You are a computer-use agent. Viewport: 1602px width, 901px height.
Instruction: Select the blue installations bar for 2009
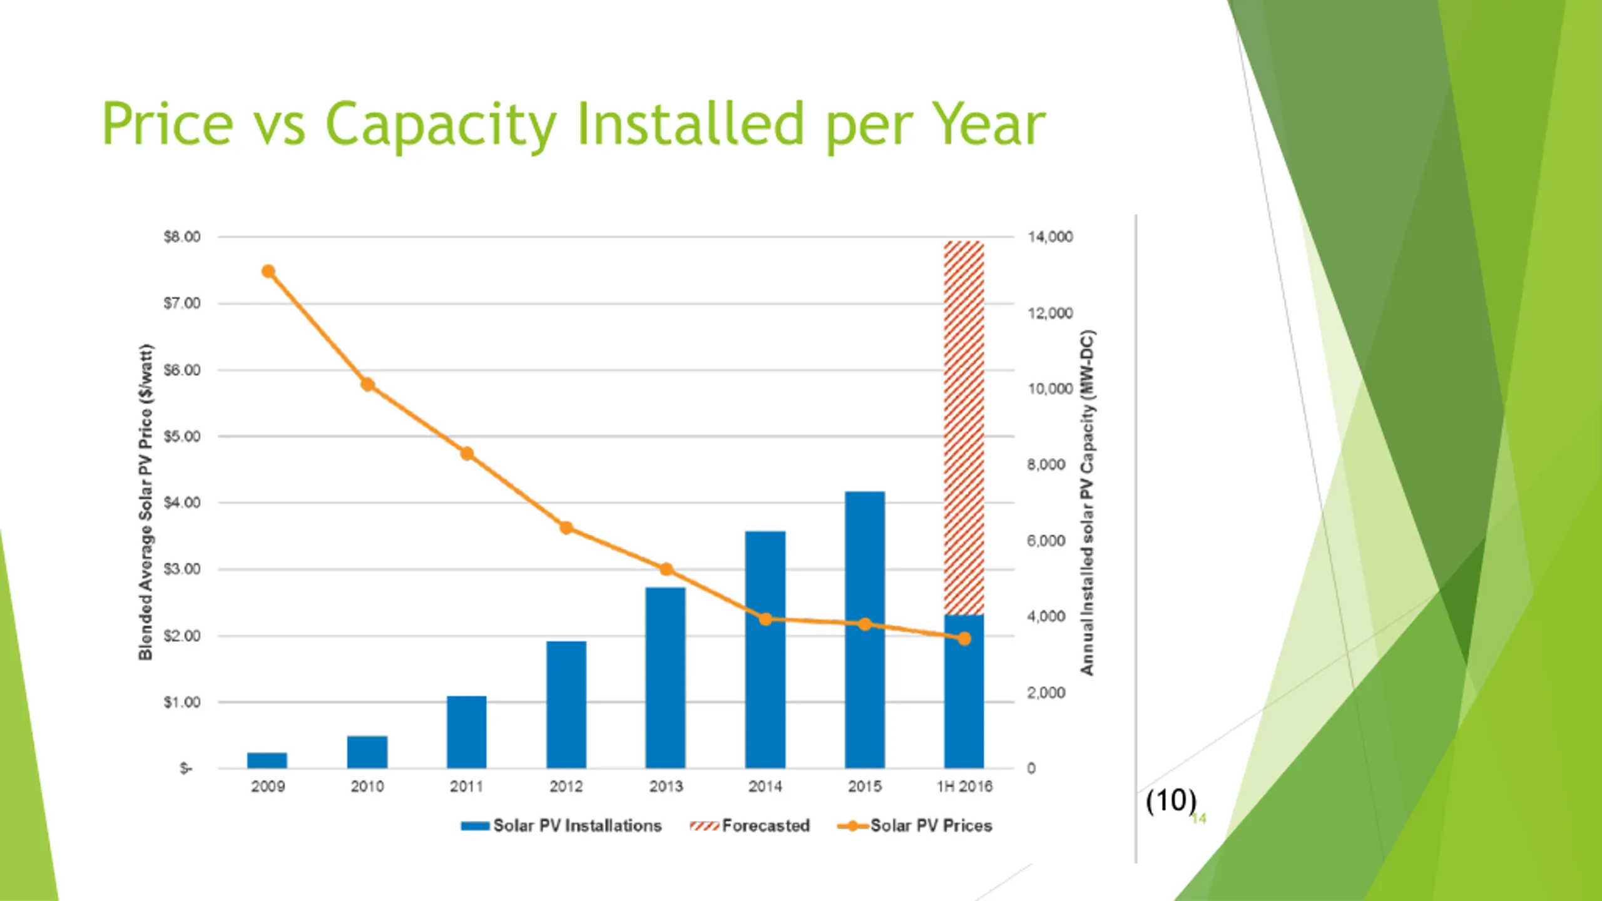267,760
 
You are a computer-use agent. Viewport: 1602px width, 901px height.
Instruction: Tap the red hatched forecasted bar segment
964,425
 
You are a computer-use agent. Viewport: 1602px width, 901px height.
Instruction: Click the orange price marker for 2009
268,271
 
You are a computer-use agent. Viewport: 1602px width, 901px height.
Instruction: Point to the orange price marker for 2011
467,454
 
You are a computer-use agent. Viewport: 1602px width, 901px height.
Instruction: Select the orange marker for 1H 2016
964,638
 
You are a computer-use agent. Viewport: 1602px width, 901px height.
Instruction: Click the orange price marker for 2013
666,569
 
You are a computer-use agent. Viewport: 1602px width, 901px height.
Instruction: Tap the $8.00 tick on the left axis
182,237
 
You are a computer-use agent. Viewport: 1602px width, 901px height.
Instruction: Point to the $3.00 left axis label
182,569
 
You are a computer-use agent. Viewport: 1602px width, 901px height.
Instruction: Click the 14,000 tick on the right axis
1050,237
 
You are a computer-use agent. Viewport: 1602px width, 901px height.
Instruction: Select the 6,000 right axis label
1046,541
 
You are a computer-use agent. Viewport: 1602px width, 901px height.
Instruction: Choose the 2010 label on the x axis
367,786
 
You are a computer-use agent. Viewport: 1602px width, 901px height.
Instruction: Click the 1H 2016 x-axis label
964,786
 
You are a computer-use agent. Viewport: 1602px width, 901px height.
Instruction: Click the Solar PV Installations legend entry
561,826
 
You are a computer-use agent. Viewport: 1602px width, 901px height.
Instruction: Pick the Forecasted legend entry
750,826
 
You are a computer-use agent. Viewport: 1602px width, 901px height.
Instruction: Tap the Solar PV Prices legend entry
915,826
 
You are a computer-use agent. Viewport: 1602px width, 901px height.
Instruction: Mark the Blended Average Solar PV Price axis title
146,502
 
